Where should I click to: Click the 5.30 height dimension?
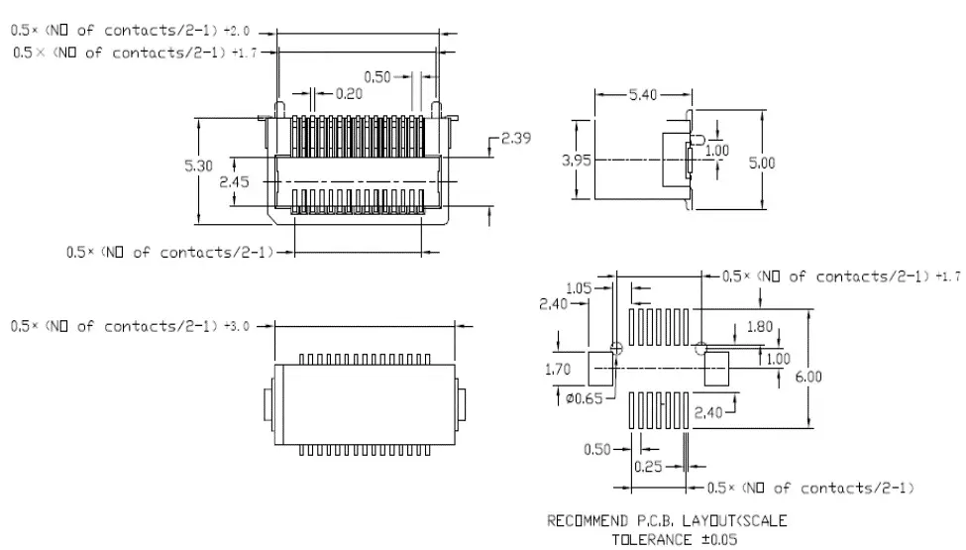[198, 165]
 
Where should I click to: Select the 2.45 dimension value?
[234, 181]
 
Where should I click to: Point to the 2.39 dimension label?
[515, 138]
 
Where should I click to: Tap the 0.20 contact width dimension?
[349, 93]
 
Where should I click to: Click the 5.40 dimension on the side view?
[643, 95]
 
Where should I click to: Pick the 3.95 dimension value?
[576, 161]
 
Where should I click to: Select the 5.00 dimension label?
[762, 164]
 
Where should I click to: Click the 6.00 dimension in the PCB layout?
[808, 377]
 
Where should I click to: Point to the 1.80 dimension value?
[760, 326]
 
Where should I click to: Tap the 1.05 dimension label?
[579, 288]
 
